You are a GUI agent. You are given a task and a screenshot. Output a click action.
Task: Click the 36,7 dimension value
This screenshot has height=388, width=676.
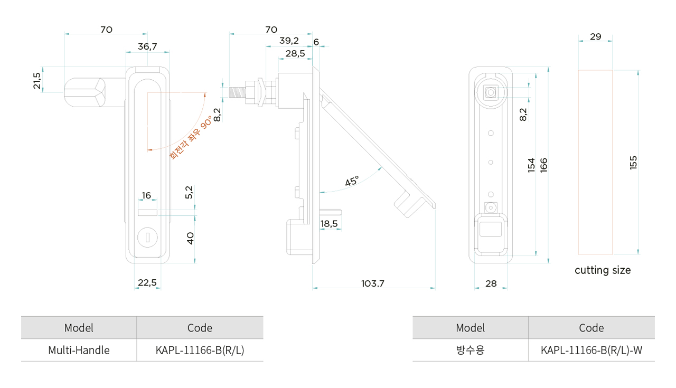click(147, 46)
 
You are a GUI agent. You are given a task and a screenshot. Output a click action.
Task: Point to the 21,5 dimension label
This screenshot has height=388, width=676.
click(36, 80)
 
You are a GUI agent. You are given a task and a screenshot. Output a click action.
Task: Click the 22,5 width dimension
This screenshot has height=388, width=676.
click(147, 282)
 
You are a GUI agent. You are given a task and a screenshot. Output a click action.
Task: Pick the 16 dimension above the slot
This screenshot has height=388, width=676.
click(146, 195)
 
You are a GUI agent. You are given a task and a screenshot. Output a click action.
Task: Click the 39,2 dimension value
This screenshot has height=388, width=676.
click(289, 41)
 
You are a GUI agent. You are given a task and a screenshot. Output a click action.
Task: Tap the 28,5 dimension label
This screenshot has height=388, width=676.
click(295, 53)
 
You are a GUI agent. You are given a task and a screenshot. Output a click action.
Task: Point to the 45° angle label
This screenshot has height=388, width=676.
click(352, 181)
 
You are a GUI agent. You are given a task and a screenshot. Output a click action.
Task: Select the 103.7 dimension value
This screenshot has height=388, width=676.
click(373, 283)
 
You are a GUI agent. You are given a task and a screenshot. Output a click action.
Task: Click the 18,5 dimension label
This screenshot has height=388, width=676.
click(329, 224)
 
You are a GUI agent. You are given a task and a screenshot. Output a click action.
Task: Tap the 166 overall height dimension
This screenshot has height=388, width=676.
click(543, 165)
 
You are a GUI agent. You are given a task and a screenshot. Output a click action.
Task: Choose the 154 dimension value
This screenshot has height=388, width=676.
click(531, 165)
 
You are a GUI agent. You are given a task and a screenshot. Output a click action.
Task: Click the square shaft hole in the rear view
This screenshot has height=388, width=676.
click(491, 92)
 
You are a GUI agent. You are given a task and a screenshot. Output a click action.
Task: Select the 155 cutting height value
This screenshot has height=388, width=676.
click(634, 162)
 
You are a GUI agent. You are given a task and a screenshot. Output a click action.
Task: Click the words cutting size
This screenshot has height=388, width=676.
click(603, 270)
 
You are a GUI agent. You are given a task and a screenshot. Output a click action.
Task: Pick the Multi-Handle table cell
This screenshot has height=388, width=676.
click(79, 350)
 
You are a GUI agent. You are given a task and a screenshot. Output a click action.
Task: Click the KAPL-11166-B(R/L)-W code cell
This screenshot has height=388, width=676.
click(591, 350)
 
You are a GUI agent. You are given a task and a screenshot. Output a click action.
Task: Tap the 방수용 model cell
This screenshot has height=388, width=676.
click(470, 350)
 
